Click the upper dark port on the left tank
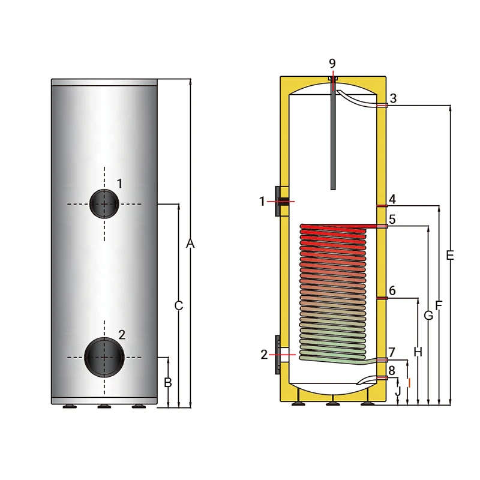click(x=105, y=204)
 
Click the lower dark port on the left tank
click(x=104, y=356)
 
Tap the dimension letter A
click(x=190, y=244)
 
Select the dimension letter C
click(x=178, y=305)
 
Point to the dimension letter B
click(x=168, y=382)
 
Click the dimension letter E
click(x=450, y=256)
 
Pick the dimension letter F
click(x=439, y=305)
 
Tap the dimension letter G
click(x=428, y=316)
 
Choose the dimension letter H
click(x=418, y=352)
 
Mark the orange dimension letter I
click(x=408, y=382)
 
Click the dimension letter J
click(x=398, y=391)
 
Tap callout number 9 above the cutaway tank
click(x=332, y=64)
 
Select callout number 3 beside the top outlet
click(x=392, y=98)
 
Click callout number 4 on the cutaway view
click(x=392, y=199)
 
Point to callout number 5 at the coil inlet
click(x=392, y=220)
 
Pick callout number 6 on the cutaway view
click(x=392, y=291)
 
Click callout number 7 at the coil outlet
click(x=392, y=352)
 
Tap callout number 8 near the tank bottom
click(x=392, y=371)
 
